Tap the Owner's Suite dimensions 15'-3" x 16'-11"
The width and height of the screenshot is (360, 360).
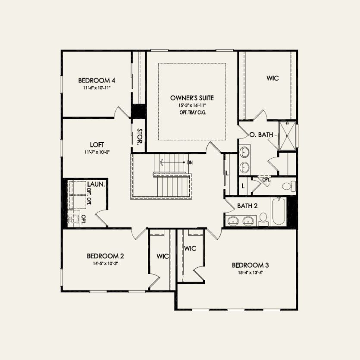(x=191, y=105)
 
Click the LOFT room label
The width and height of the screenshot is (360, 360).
(x=97, y=145)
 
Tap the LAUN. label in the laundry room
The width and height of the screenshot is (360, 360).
(x=96, y=185)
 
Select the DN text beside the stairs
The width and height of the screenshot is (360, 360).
(x=190, y=163)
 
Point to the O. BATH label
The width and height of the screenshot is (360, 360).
(x=261, y=135)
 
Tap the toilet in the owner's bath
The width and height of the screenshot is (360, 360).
(x=288, y=186)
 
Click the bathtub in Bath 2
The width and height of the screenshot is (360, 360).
(x=278, y=211)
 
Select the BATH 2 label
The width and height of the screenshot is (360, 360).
(x=247, y=206)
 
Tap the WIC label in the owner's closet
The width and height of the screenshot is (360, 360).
(x=272, y=78)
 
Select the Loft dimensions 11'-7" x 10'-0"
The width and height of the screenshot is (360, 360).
(x=97, y=152)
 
